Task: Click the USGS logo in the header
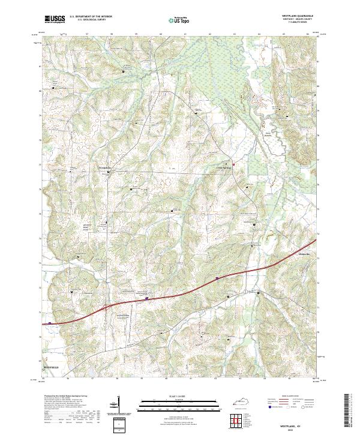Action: point(55,19)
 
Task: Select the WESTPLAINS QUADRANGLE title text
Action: point(296,15)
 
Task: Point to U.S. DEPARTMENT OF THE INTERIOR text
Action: point(91,17)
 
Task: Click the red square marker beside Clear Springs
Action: point(233,164)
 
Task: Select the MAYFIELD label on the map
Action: point(52,365)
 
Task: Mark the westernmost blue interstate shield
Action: point(50,322)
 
